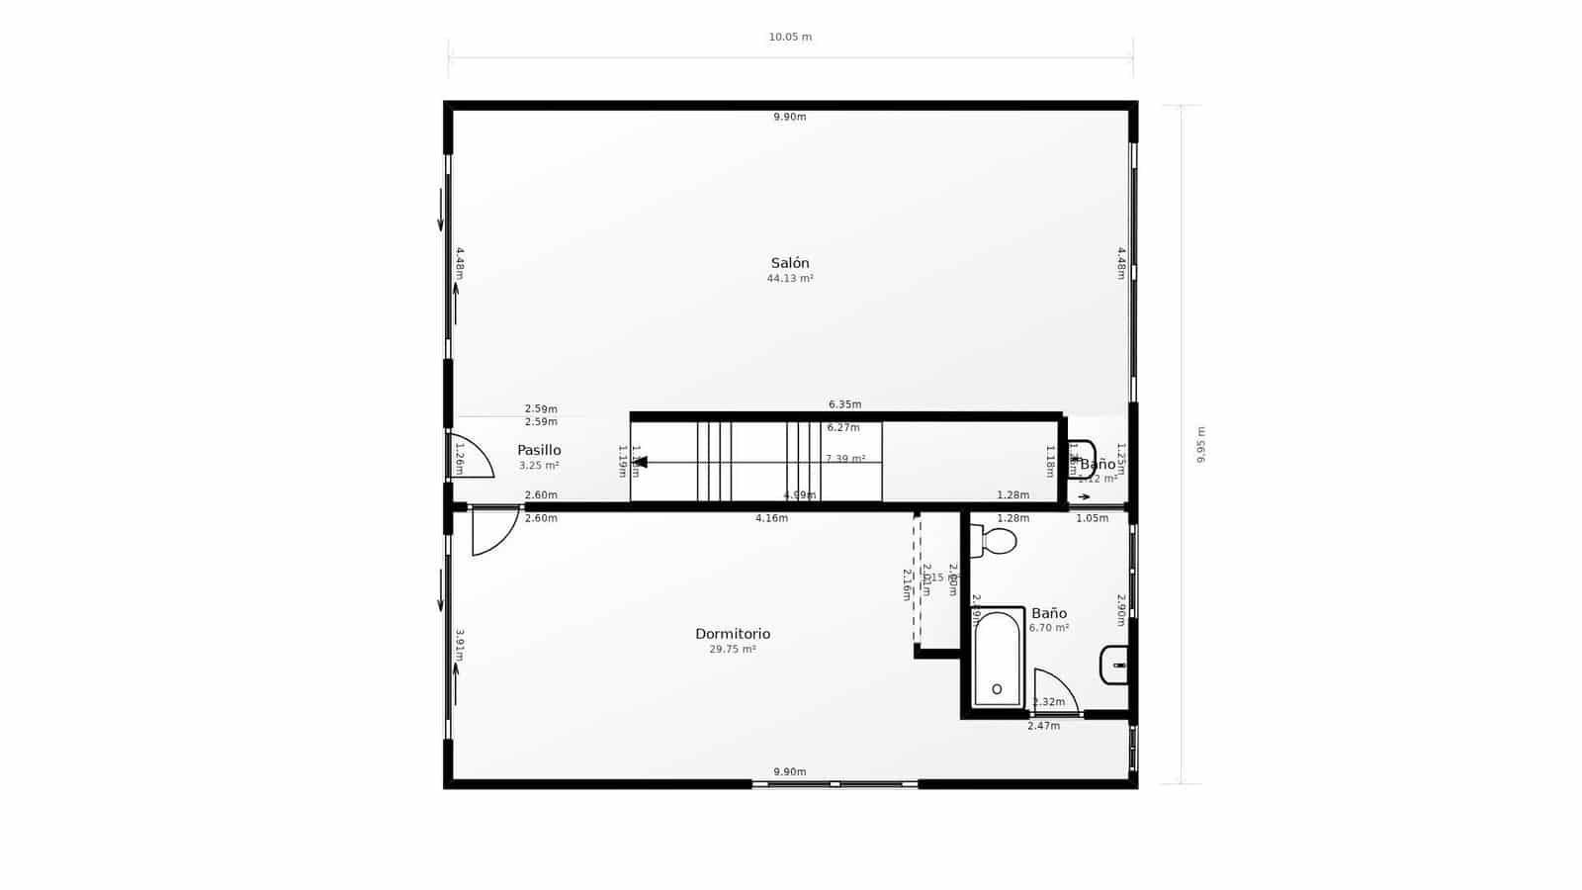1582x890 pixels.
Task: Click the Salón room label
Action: (790, 263)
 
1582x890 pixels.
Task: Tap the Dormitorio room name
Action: (732, 634)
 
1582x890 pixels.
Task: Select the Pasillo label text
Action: (539, 450)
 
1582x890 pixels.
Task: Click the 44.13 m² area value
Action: (790, 279)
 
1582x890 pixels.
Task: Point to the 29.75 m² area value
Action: (732, 650)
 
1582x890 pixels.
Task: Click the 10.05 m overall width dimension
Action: (790, 38)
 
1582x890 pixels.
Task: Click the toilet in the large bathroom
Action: (995, 541)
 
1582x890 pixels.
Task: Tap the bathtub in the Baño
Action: (997, 659)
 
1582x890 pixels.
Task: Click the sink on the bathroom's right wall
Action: (1114, 665)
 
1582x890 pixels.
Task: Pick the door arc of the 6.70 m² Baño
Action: (1053, 690)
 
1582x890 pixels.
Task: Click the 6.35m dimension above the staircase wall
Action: (844, 404)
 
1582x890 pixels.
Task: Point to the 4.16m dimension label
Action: (771, 518)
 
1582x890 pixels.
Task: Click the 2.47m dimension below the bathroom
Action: (1043, 726)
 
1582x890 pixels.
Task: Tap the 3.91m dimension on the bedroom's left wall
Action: (460, 645)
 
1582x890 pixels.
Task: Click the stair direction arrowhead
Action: (640, 462)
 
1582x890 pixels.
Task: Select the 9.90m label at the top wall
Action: (790, 117)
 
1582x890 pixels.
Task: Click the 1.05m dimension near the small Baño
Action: (1092, 518)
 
